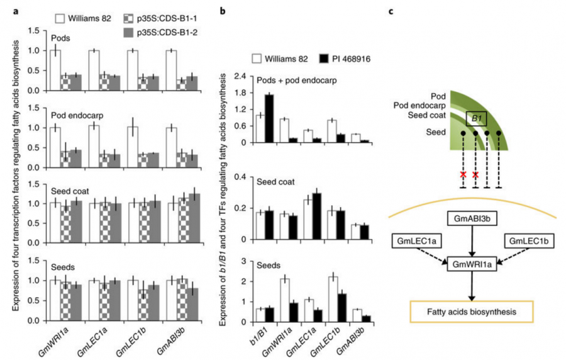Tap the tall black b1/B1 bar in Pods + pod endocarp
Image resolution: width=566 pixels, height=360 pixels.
pyautogui.click(x=269, y=118)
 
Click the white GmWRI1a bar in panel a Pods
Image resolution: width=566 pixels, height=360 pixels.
pyautogui.click(x=56, y=70)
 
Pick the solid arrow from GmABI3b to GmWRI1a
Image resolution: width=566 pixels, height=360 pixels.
pyautogui.click(x=466, y=241)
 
